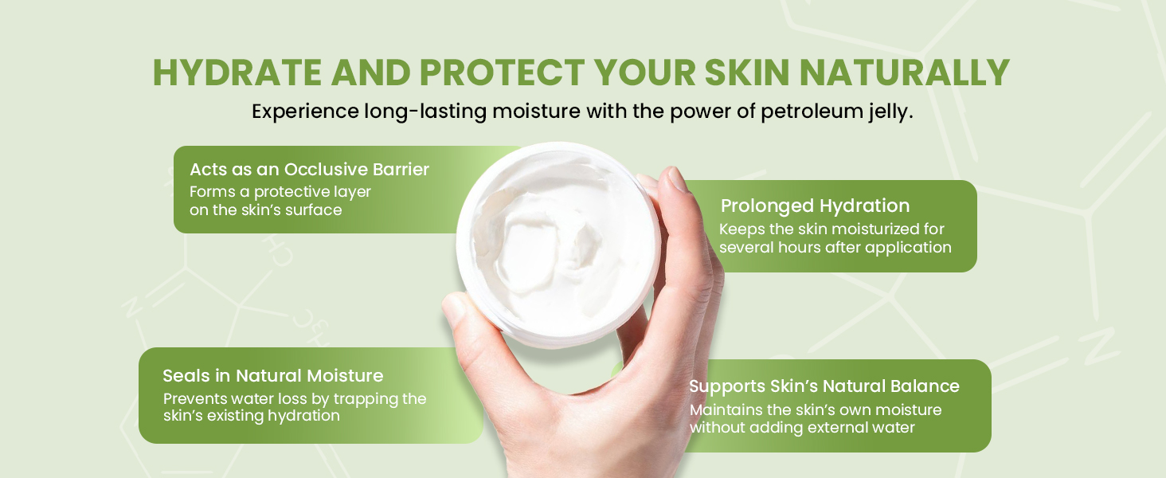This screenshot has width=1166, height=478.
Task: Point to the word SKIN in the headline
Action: pyautogui.click(x=741, y=73)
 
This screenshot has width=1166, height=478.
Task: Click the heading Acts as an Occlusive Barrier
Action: pyautogui.click(x=309, y=170)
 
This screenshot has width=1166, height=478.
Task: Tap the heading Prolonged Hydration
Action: pyautogui.click(x=815, y=206)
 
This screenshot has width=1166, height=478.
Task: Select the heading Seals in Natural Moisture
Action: pyautogui.click(x=272, y=376)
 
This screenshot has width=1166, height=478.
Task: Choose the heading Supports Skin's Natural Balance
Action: pyautogui.click(x=824, y=386)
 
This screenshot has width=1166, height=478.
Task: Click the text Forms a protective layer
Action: pyautogui.click(x=280, y=192)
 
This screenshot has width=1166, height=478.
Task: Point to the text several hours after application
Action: pyautogui.click(x=835, y=248)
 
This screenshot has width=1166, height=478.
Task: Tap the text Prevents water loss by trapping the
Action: pyautogui.click(x=295, y=399)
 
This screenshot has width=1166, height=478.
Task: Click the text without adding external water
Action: pyautogui.click(x=802, y=428)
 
